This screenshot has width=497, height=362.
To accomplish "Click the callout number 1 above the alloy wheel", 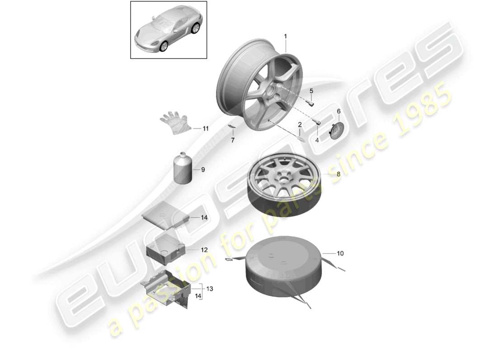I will click(x=285, y=36).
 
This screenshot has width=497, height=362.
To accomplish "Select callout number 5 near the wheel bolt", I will click(x=311, y=91).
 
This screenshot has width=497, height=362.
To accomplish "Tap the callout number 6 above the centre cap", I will click(x=338, y=111).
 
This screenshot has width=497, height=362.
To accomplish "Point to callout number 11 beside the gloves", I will click(x=206, y=129).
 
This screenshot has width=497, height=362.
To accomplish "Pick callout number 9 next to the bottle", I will click(x=203, y=170).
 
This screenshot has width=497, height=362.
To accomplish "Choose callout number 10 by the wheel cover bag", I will click(x=340, y=253).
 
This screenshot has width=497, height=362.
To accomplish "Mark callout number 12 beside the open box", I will click(x=204, y=249).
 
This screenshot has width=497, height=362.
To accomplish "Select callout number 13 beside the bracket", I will click(x=210, y=288).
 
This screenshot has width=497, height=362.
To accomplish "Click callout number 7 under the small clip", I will click(x=233, y=141).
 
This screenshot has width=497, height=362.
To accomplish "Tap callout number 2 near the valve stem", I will click(x=300, y=124).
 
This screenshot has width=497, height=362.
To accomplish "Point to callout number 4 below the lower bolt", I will click(x=317, y=140).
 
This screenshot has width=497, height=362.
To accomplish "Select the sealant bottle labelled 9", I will click(x=183, y=169).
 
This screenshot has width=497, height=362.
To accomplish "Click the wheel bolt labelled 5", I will click(x=310, y=102).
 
